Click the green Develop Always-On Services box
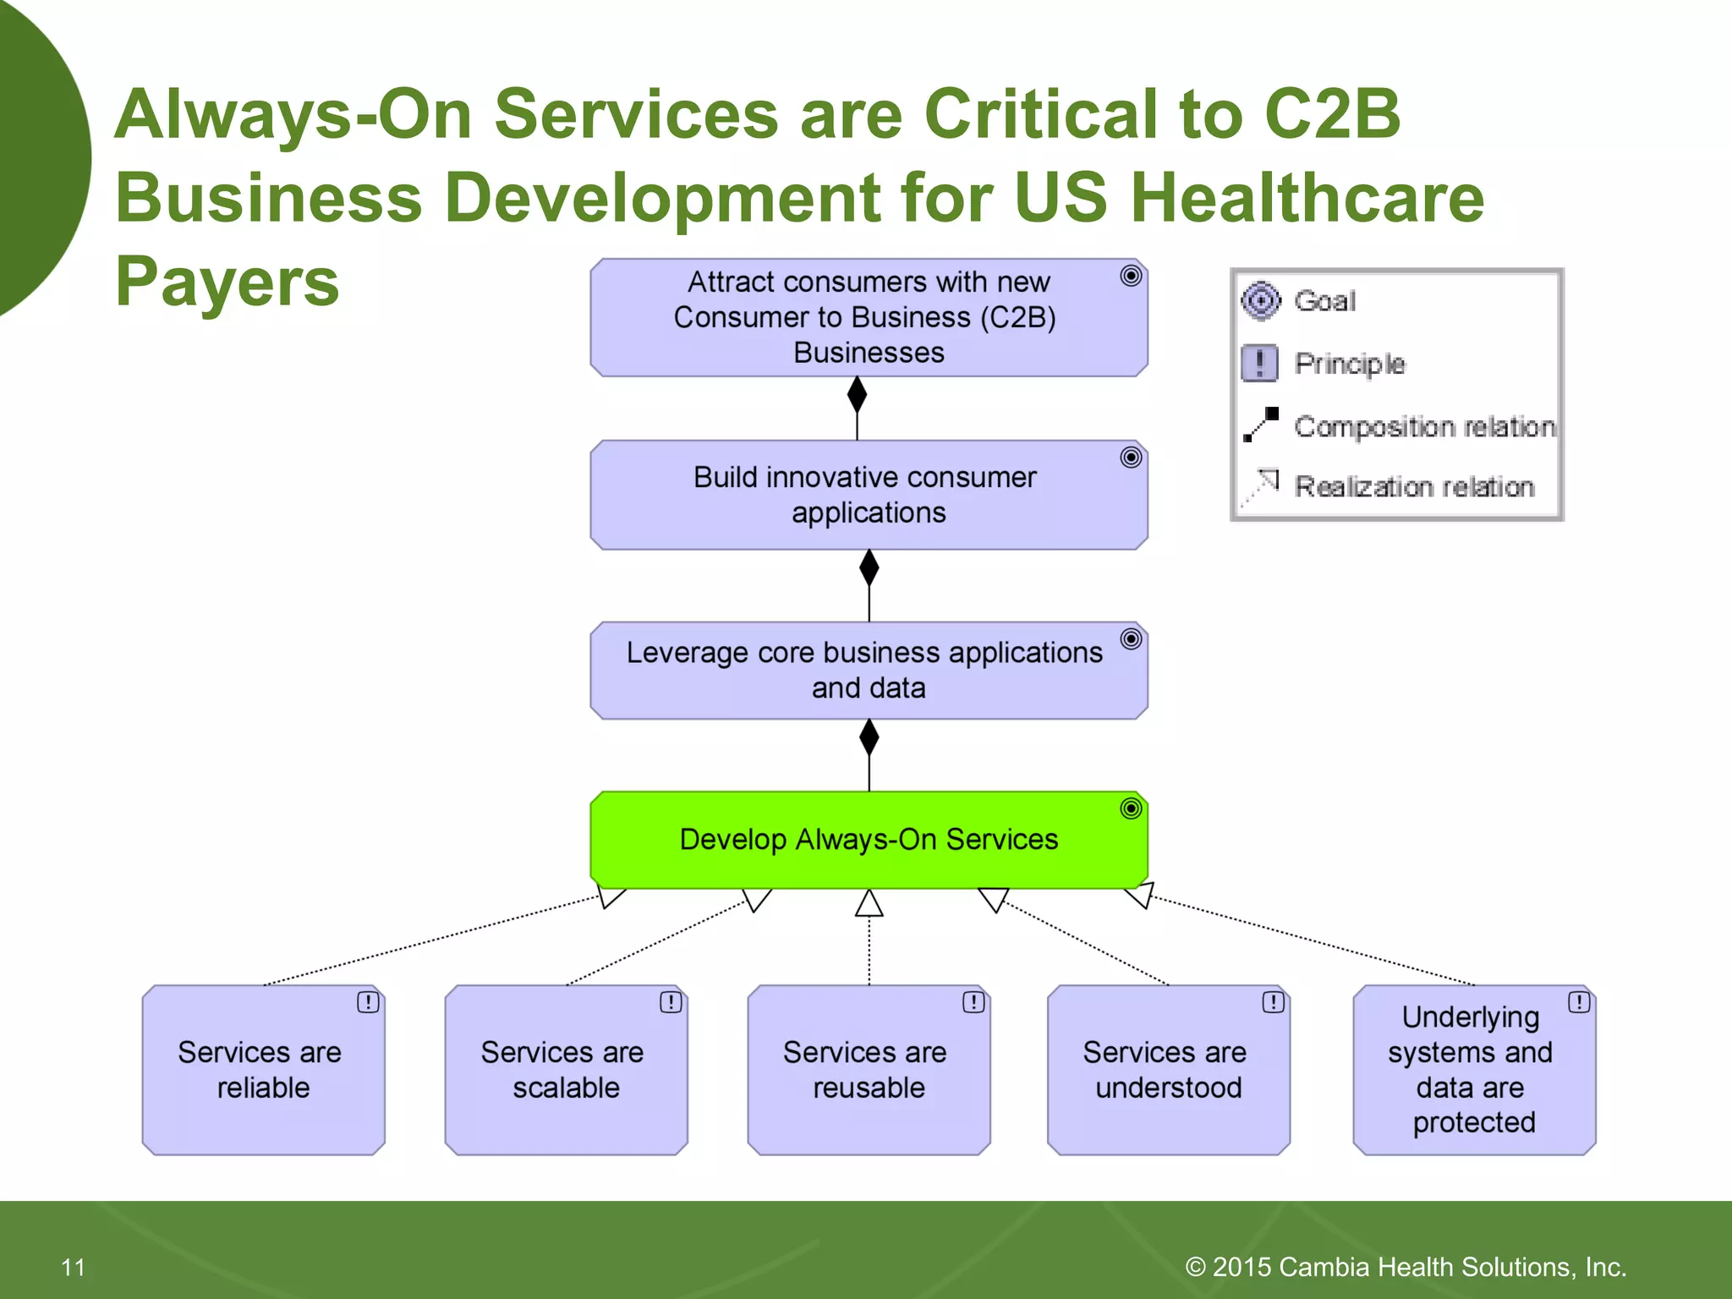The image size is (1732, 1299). point(869,840)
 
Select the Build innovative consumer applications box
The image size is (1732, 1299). point(869,495)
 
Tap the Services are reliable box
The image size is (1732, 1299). point(263,1070)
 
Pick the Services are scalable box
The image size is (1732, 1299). point(566,1070)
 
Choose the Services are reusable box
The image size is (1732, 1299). point(869,1070)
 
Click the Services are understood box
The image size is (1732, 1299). point(1168,1070)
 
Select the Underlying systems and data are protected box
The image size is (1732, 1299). point(1473,1070)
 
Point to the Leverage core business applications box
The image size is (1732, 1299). point(869,671)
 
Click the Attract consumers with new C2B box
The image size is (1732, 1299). point(869,317)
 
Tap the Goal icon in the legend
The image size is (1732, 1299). point(1261,301)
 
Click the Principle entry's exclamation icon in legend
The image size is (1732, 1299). point(1260,364)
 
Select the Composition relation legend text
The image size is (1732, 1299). point(1424,426)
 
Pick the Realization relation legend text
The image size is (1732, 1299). point(1414,487)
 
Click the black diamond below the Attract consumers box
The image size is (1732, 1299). point(857,395)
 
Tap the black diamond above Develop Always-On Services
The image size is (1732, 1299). point(869,737)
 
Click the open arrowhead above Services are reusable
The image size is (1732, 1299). point(869,904)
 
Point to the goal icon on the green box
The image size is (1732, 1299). point(1131,808)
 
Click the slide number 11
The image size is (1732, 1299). point(74,1267)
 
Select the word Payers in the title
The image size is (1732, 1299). point(227,281)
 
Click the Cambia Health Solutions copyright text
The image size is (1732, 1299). point(1406,1267)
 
